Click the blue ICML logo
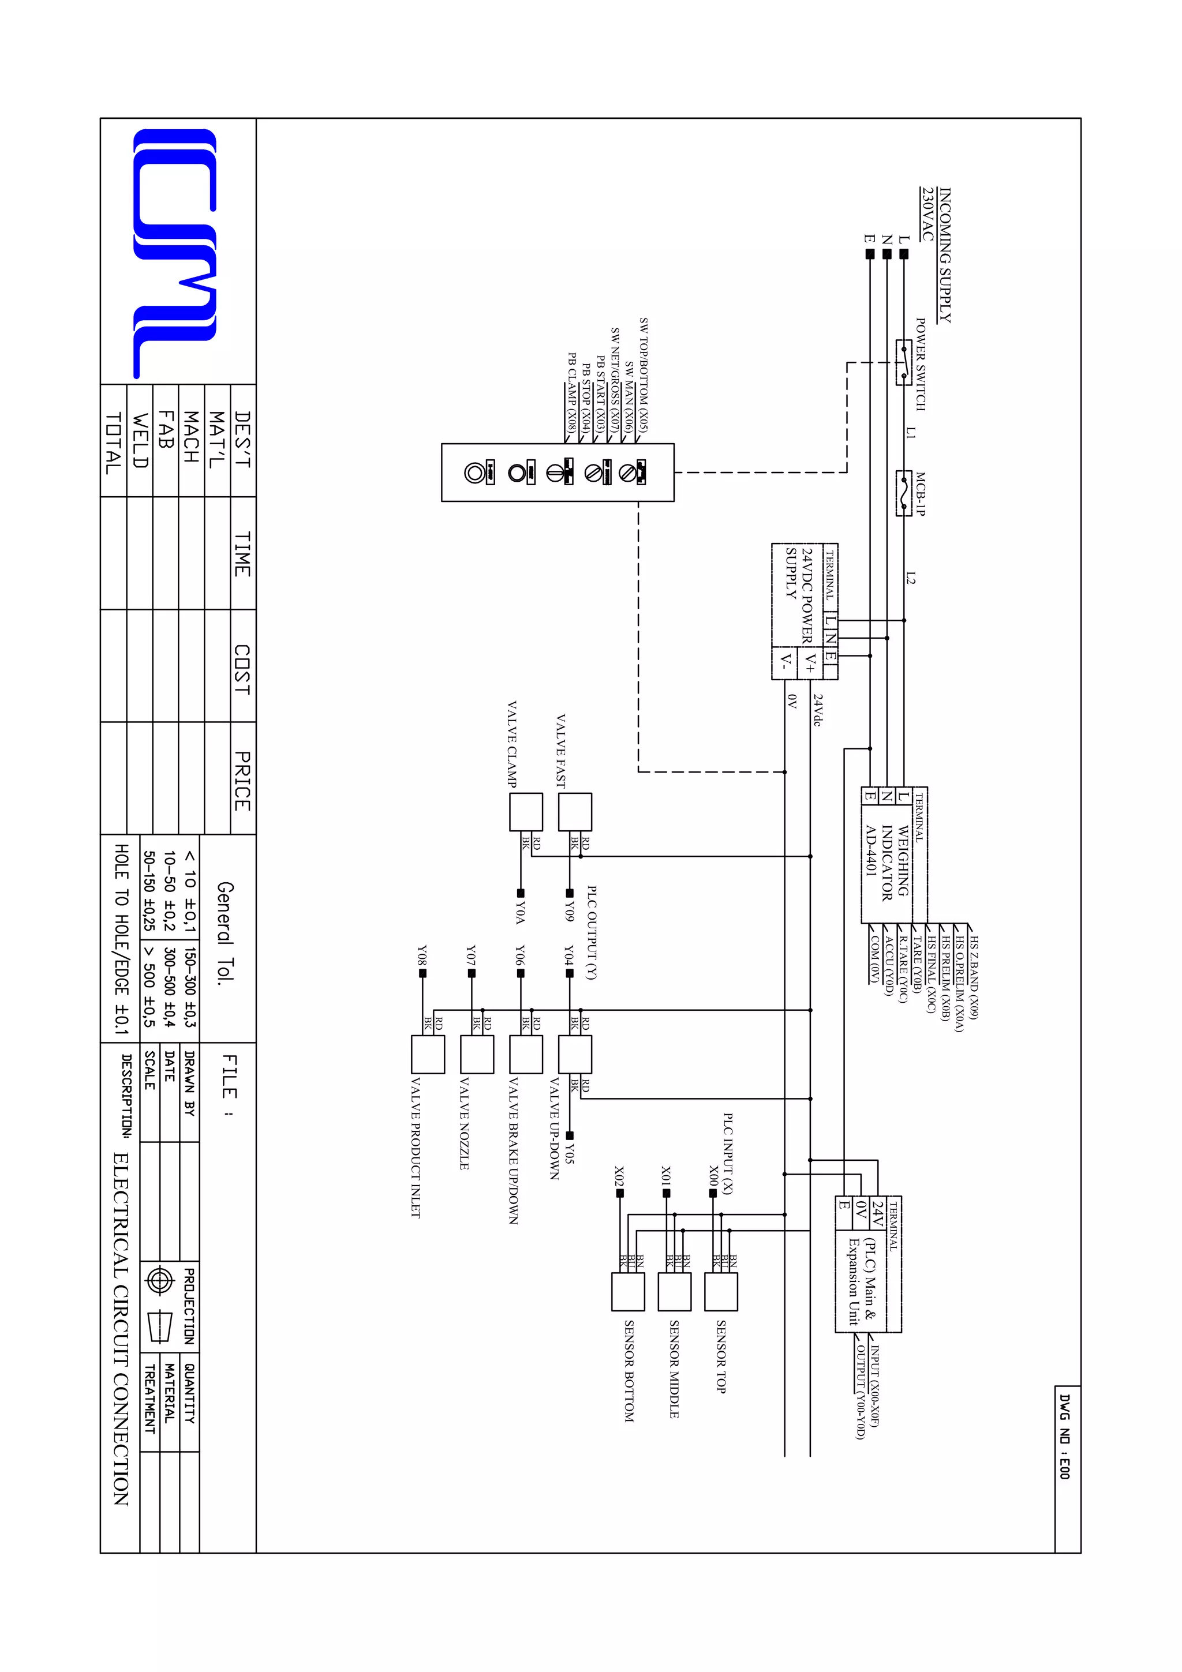point(175,253)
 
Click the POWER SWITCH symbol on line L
point(903,362)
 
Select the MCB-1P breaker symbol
point(903,493)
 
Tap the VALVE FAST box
point(575,811)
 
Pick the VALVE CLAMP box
point(525,811)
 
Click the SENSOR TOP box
point(721,1291)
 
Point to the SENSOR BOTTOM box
point(628,1291)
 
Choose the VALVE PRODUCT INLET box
point(428,1054)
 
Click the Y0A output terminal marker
point(521,893)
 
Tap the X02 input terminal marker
point(620,1193)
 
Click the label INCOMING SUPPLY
point(945,255)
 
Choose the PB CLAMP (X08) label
point(572,391)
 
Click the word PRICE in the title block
point(242,781)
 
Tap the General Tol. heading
point(226,933)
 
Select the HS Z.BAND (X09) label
point(974,978)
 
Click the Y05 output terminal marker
point(570,1135)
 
